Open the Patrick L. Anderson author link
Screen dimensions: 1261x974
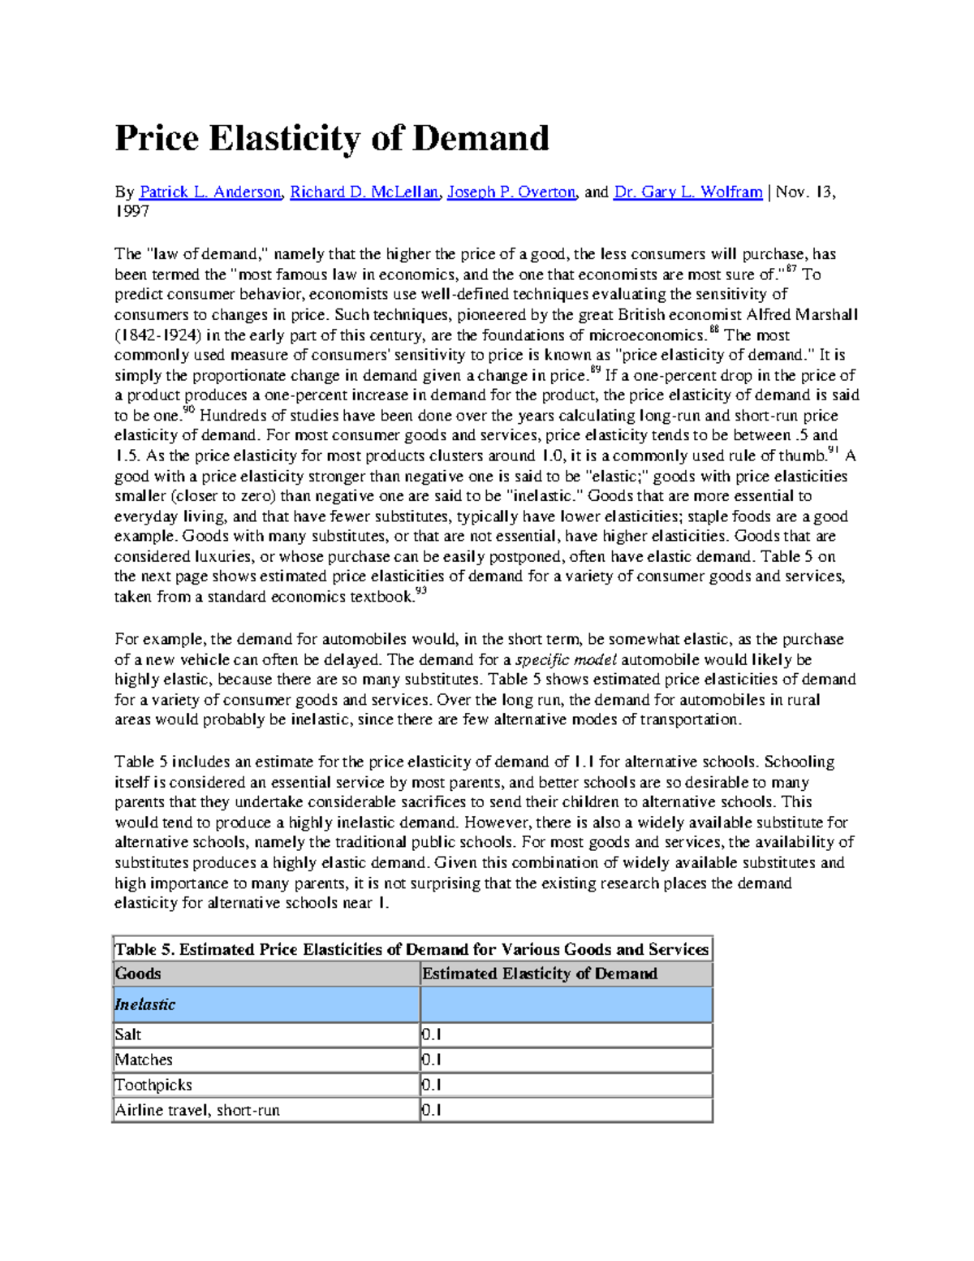(209, 192)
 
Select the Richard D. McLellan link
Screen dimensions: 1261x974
(364, 192)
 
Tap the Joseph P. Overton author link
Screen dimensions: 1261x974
(511, 192)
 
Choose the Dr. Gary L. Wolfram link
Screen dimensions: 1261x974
(687, 192)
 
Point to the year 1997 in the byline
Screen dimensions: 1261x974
(131, 212)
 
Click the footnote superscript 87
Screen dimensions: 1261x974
(791, 269)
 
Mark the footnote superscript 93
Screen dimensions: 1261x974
(420, 593)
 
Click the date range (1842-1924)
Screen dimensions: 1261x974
(158, 335)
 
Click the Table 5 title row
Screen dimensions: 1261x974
(412, 949)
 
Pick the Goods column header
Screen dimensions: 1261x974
(138, 974)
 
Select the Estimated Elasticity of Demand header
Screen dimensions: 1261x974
(540, 974)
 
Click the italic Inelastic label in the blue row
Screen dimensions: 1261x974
(145, 1004)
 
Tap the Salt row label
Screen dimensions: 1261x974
(128, 1034)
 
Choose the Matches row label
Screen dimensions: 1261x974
(144, 1060)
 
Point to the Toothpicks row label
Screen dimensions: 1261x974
(153, 1085)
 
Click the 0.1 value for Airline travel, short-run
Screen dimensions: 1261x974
(432, 1110)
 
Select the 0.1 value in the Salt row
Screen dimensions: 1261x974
(432, 1034)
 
